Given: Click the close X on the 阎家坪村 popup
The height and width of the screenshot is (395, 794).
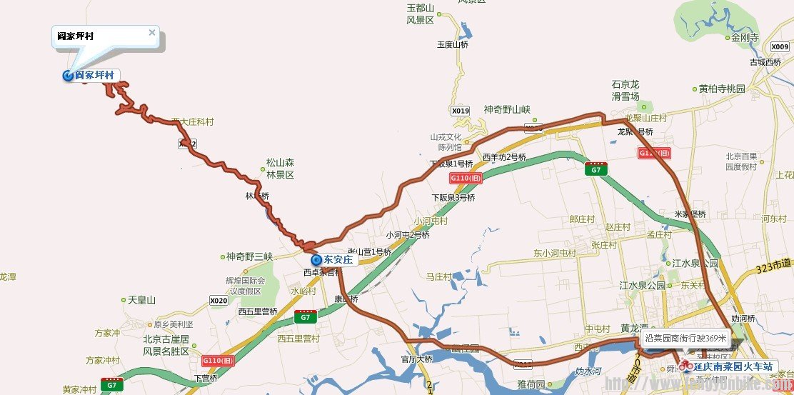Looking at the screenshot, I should [151, 32].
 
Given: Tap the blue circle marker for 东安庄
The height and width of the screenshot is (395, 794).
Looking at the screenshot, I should [317, 260].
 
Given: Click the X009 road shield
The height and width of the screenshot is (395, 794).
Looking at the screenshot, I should [780, 47].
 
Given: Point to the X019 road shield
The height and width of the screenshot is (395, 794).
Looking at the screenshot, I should [461, 111].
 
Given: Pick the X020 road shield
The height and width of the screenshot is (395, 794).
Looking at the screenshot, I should [218, 301].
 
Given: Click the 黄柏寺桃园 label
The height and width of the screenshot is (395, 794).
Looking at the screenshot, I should [721, 89].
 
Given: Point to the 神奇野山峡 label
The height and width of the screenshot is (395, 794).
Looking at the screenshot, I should [507, 109].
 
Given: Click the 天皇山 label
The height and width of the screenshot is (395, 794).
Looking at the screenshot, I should [141, 300].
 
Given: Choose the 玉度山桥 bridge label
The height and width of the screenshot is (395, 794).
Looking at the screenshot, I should [453, 44].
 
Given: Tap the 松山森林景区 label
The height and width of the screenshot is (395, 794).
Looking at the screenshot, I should [280, 169].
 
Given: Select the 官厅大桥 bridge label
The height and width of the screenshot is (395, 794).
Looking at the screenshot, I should [417, 359].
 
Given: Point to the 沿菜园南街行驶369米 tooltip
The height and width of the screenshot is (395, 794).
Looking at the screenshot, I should [685, 338].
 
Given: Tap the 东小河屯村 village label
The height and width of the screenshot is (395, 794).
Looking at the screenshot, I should [554, 254].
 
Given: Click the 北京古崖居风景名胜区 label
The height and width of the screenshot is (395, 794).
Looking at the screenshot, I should [166, 345].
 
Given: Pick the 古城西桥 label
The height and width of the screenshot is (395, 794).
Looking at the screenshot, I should [765, 62].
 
